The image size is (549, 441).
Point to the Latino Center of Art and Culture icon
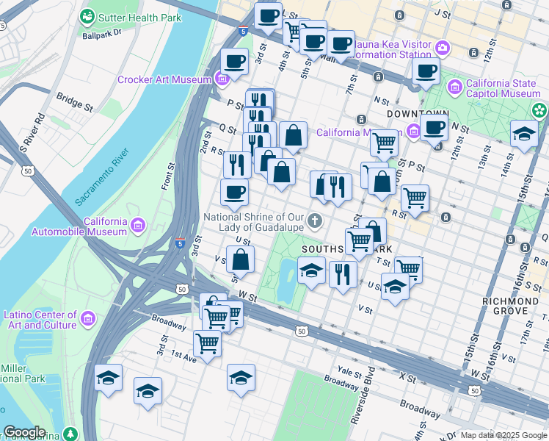pyautogui.click(x=88, y=320)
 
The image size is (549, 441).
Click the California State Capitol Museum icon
pyautogui.click(x=455, y=88)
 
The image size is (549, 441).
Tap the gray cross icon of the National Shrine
pyautogui.click(x=315, y=221)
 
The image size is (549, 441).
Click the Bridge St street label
pyautogui.click(x=75, y=101)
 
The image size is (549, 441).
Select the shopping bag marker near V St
pyautogui.click(x=241, y=259)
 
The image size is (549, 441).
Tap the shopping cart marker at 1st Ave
pyautogui.click(x=208, y=343)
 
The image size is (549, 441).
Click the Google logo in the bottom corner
pyautogui.click(x=24, y=432)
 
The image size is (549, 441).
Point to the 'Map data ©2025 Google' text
pyautogui.click(x=503, y=435)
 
